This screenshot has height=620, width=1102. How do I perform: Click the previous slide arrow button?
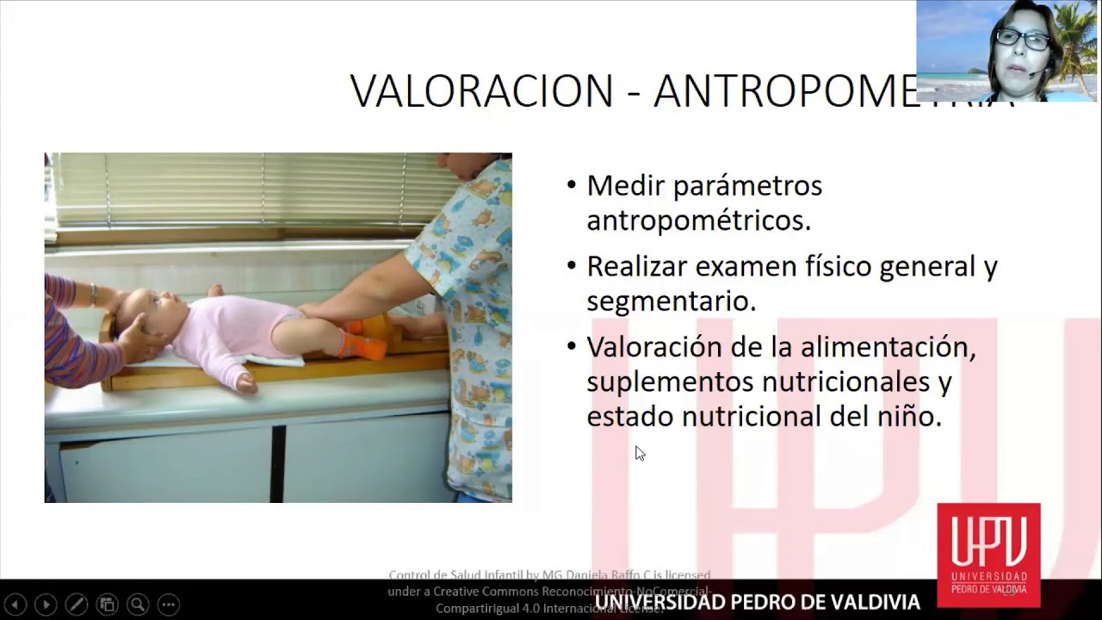tap(15, 604)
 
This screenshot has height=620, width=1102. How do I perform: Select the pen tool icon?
tap(76, 604)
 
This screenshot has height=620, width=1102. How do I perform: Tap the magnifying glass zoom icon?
tap(137, 604)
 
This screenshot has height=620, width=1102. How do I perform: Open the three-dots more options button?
tap(169, 604)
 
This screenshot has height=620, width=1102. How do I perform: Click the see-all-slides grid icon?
tap(107, 604)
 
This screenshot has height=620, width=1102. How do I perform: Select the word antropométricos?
tap(698, 221)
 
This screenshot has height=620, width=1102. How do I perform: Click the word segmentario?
tap(672, 301)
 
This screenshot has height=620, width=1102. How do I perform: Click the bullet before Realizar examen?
tap(573, 266)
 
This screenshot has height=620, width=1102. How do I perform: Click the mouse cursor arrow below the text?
tap(640, 453)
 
